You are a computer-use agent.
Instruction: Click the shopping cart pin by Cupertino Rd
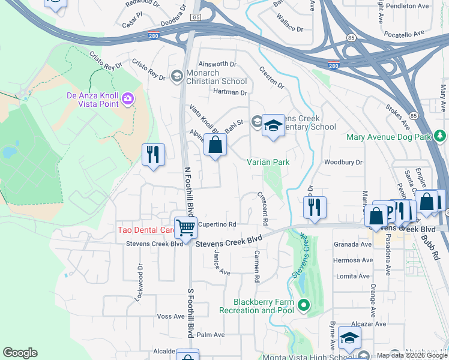[x=186, y=227]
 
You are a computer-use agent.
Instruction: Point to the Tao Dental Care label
[x=144, y=230]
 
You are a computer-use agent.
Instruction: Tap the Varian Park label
[x=268, y=162]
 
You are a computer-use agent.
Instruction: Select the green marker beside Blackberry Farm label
[x=304, y=306]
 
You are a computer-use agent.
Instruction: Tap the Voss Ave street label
[x=169, y=316]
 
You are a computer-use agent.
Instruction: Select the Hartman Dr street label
[x=230, y=92]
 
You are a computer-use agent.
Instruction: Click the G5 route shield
[x=196, y=18]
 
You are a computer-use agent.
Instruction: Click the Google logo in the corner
[x=20, y=353]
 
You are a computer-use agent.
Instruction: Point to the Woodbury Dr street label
[x=343, y=162]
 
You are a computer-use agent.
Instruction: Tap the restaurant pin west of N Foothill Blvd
[x=153, y=155]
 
